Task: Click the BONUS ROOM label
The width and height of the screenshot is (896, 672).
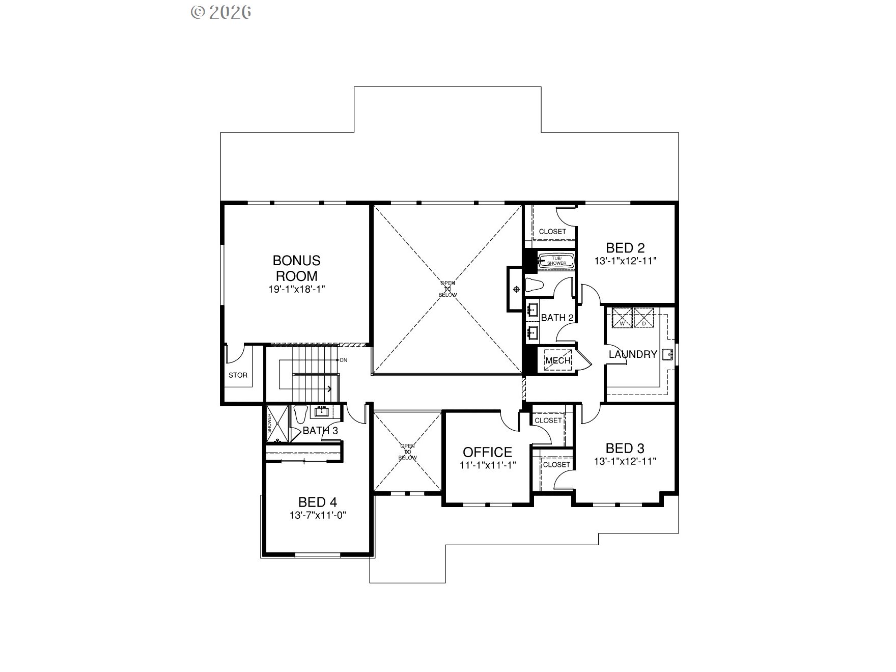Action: coord(297,268)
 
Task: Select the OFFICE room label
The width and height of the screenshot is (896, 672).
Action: coord(487,452)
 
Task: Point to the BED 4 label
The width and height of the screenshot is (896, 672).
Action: coord(317,502)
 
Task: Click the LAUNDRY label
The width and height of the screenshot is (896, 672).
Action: coord(633,354)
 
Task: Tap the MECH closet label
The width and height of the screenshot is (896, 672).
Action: coord(557,361)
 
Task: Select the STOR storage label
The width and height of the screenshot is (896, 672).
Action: coord(238,375)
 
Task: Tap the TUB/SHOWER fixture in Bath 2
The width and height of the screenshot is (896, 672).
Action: coord(556,261)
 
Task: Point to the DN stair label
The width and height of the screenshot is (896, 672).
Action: coord(343,360)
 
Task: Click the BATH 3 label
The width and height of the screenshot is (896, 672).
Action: coord(320,431)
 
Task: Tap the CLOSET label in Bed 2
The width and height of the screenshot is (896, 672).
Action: coord(552,232)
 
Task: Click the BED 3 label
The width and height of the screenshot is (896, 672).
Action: coord(625,449)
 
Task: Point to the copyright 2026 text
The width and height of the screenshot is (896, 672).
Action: coord(221,12)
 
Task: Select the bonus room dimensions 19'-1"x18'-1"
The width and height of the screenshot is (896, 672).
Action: coord(297,289)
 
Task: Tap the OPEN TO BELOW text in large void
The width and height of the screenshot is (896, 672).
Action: coord(448,289)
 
